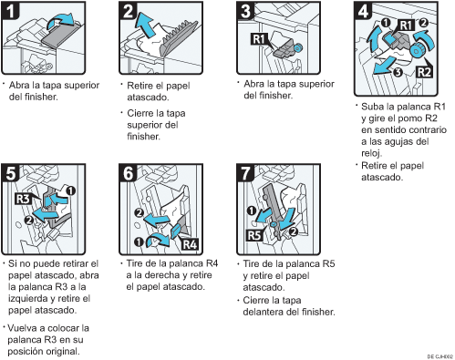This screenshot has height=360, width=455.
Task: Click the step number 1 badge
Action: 11,10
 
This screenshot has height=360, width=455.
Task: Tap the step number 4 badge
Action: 363,10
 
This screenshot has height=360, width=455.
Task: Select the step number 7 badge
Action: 246,173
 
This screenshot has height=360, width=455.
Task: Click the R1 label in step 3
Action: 259,39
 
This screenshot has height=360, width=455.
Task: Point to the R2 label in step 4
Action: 424,72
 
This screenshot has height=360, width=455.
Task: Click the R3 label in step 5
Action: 23,199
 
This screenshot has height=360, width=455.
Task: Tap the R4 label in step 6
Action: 190,244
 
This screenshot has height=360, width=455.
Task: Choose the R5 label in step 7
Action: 254,235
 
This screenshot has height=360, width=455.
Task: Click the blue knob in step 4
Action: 416,51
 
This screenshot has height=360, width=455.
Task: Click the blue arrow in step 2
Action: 144,25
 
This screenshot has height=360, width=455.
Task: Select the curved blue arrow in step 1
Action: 60,22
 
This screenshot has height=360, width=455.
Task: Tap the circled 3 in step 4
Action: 398,73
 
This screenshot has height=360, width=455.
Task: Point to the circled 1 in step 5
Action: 70,191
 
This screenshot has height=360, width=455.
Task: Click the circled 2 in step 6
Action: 140,212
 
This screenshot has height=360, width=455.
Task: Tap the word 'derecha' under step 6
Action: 162,275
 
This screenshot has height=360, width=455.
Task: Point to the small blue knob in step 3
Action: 298,47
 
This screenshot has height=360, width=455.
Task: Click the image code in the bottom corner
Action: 439,356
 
